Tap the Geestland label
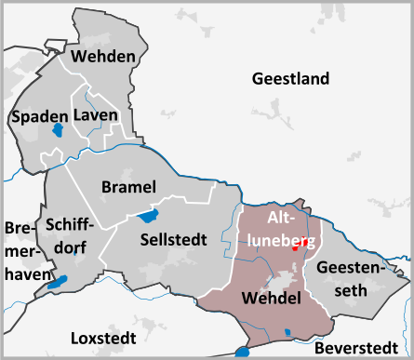click(290, 78)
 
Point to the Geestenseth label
click(349, 278)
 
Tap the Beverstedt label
click(355, 348)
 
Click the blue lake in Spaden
click(58, 131)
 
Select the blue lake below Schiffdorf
click(60, 281)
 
